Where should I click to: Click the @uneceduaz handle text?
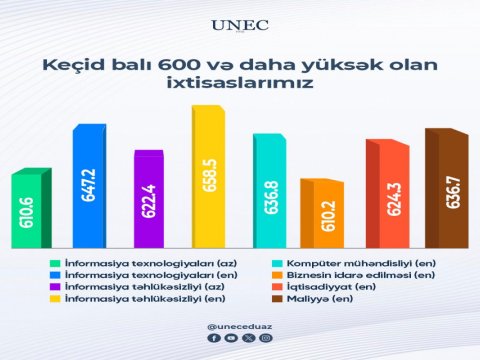coord(240,326)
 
